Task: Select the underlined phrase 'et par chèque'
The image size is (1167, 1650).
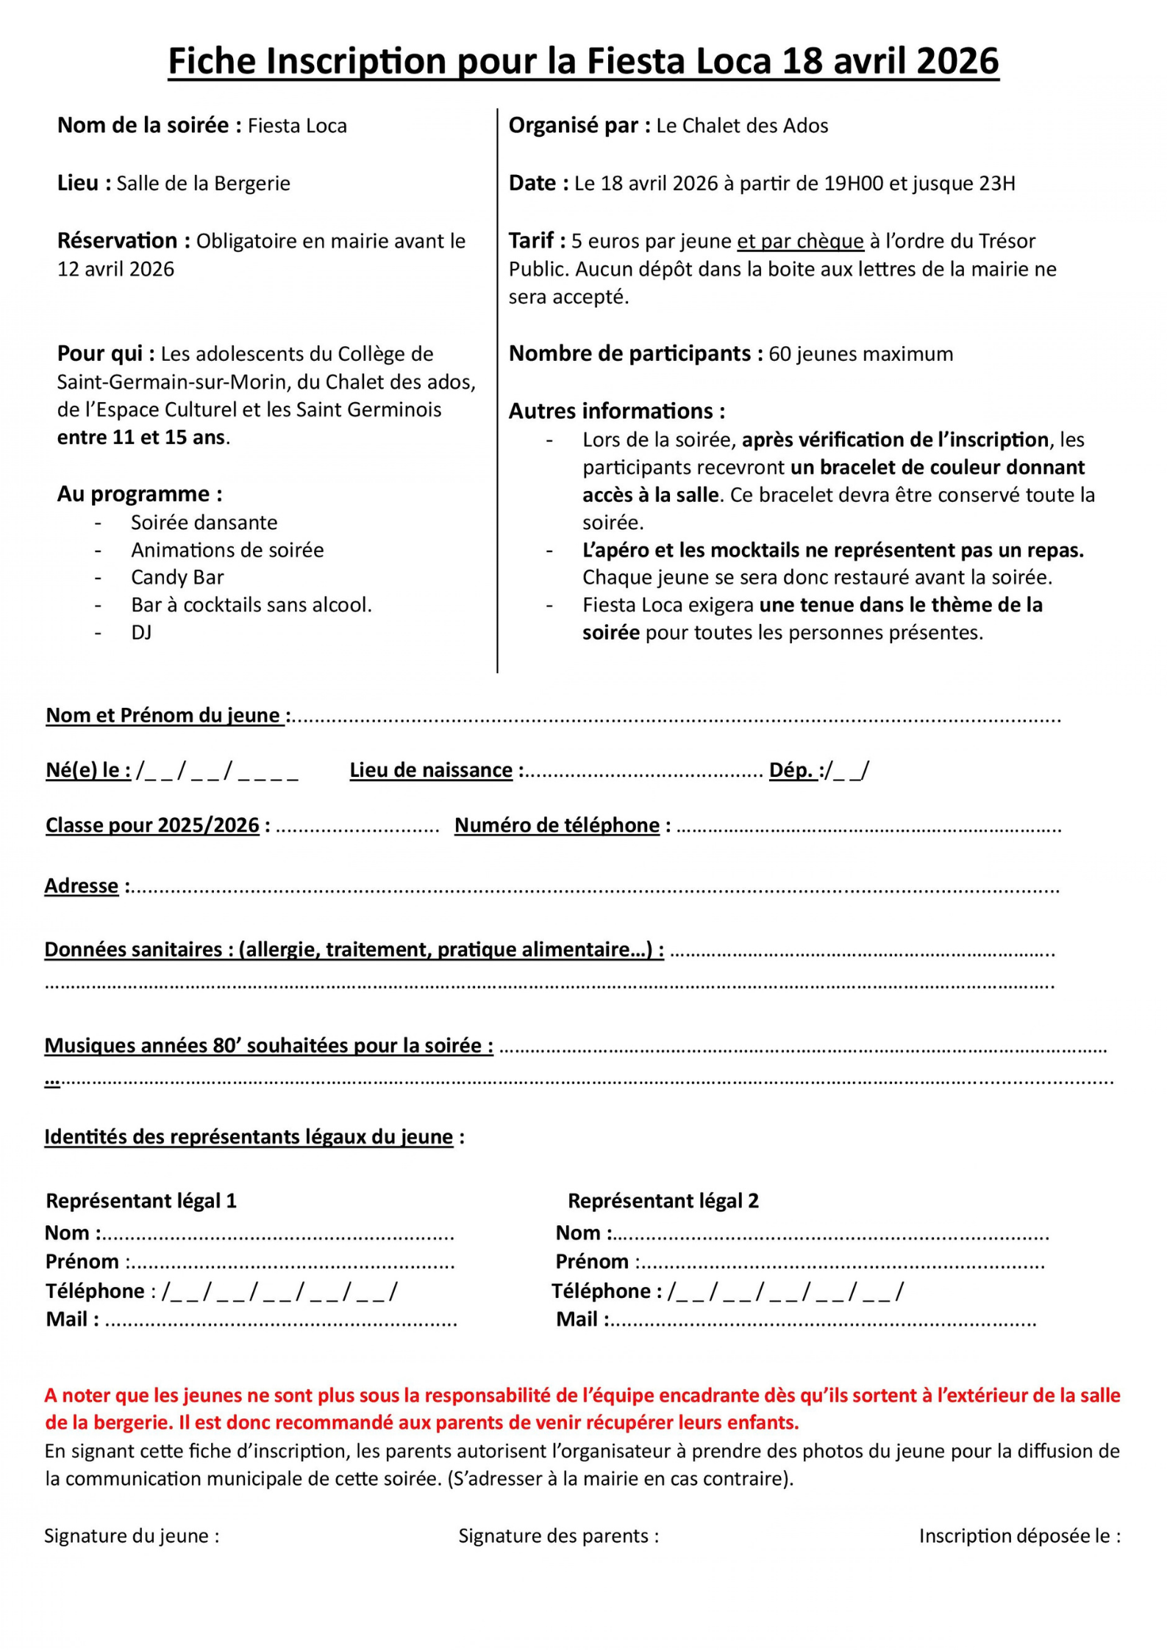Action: pyautogui.click(x=800, y=241)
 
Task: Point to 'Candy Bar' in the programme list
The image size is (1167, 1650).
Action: pyautogui.click(x=177, y=577)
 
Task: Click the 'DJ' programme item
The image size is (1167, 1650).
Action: pyautogui.click(x=141, y=632)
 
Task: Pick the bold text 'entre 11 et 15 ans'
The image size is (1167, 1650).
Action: pyautogui.click(x=141, y=437)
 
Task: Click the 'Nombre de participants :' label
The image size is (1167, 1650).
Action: pyautogui.click(x=635, y=354)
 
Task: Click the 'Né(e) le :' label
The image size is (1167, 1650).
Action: pyautogui.click(x=88, y=770)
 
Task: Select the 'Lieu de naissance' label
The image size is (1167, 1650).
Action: pyautogui.click(x=431, y=770)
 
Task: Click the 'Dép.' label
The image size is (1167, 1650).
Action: pyautogui.click(x=792, y=770)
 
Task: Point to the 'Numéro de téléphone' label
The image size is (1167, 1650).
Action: pyautogui.click(x=557, y=825)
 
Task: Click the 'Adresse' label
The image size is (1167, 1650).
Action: pyautogui.click(x=82, y=886)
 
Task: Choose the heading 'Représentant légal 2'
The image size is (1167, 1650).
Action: pyautogui.click(x=663, y=1200)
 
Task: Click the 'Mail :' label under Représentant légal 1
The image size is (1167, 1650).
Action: pyautogui.click(x=72, y=1319)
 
